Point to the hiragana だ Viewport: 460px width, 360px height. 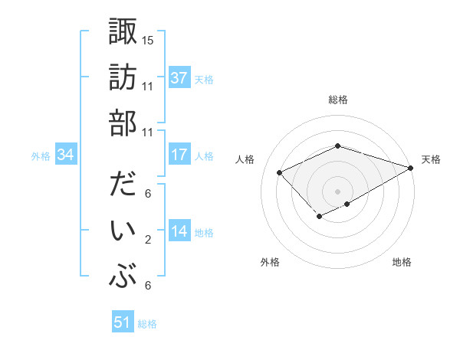pos(123,185)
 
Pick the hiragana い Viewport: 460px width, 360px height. pos(123,230)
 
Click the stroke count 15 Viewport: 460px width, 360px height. pos(148,40)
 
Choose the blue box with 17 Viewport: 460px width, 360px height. pos(179,155)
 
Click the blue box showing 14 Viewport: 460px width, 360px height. pos(179,231)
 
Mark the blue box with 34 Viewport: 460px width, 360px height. pos(66,155)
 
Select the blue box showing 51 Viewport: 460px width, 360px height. pos(123,322)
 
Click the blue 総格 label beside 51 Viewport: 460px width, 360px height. pos(147,324)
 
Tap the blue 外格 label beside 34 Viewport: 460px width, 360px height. pos(41,156)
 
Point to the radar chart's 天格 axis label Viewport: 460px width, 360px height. pos(431,159)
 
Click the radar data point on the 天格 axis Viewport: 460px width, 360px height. pos(411,168)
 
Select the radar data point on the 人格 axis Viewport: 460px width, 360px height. pos(280,173)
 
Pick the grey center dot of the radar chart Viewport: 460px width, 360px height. pos(337,191)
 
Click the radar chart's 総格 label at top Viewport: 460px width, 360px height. pos(338,100)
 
